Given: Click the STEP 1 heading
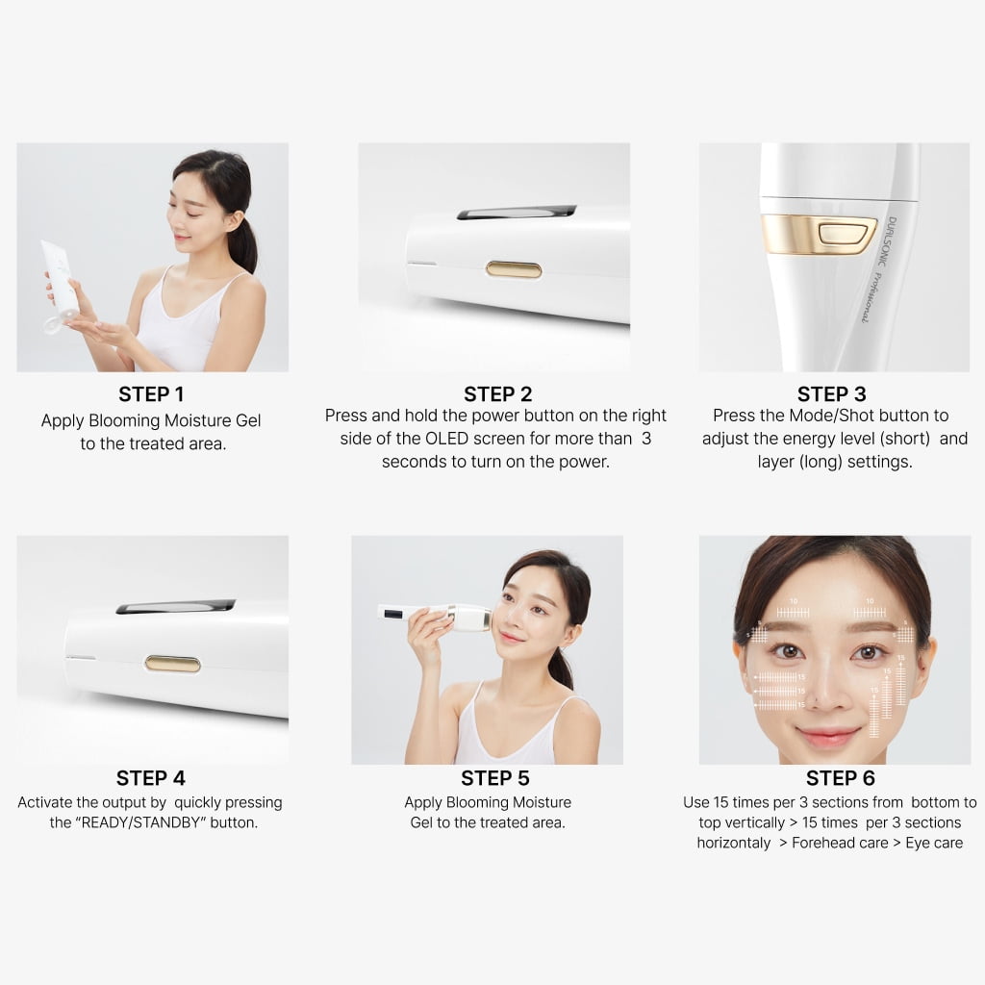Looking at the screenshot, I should (151, 394).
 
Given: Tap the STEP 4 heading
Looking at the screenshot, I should (151, 778).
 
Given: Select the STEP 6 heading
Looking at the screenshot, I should (840, 778).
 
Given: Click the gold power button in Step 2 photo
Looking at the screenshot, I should (513, 269).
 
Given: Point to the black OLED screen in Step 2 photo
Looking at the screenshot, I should (517, 212).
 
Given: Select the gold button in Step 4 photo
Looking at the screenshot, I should (172, 664).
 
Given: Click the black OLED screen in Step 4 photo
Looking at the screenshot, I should (176, 606).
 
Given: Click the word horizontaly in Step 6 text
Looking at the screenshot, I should (734, 844).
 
